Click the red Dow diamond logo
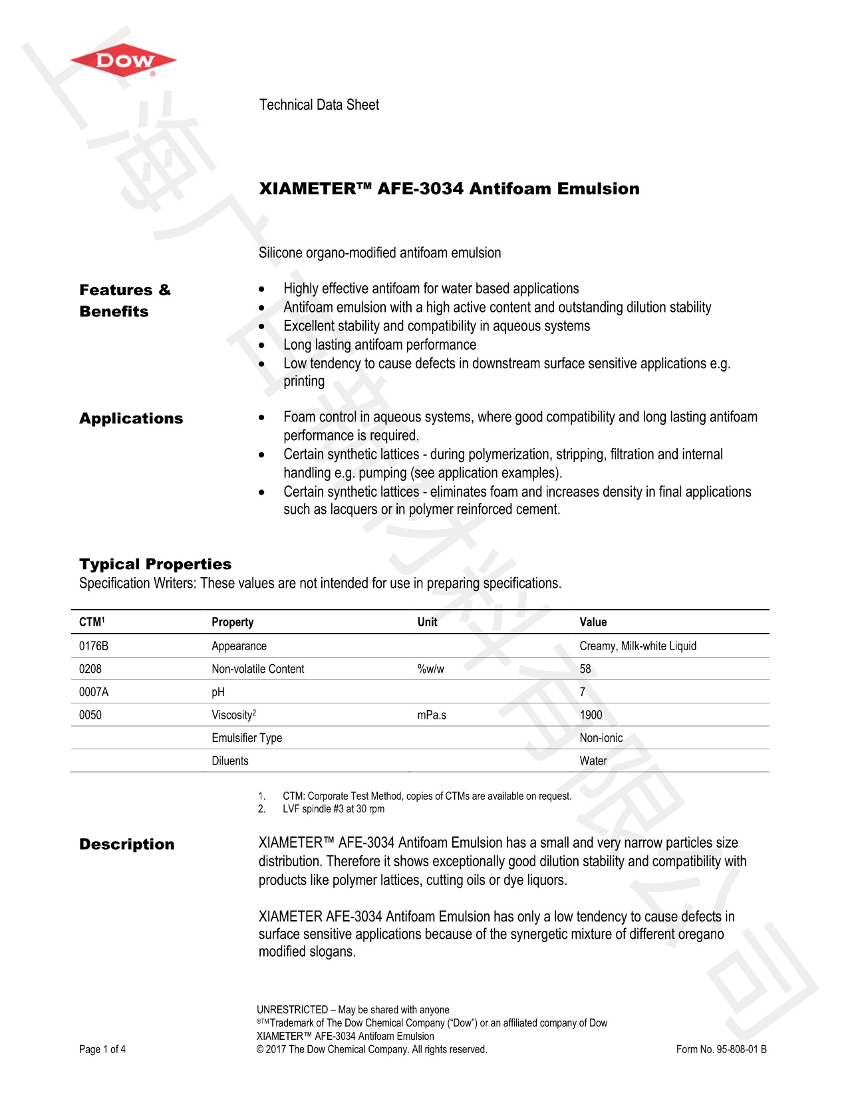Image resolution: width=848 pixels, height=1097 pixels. pos(123,61)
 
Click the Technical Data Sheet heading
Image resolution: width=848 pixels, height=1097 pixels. pos(319,105)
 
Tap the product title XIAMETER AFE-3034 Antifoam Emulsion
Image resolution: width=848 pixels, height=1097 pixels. pos(449,189)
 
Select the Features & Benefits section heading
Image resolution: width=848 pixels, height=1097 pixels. pos(124,301)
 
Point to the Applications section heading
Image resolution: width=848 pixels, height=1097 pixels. pos(131,419)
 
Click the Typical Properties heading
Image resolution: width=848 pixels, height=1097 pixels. pos(155,564)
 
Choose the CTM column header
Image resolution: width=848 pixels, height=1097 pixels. pos(92,622)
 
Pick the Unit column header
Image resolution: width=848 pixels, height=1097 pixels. pos(427,622)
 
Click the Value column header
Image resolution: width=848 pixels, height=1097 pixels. pos(593,622)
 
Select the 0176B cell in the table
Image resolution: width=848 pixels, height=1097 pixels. pos(94,646)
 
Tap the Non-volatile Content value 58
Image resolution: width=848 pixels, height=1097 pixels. pos(585,670)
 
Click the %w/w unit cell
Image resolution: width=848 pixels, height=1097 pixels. pos(431,670)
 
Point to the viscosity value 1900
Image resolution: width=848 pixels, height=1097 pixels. pos(591,715)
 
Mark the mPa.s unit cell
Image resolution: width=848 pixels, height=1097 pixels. pos(432,715)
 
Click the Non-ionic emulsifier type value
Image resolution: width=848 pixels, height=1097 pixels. pos(601,738)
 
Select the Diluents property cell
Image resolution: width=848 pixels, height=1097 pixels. pos(230,761)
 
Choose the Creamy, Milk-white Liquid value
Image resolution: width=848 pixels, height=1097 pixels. pos(638,646)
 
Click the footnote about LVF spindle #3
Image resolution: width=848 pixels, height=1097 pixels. pos(333,809)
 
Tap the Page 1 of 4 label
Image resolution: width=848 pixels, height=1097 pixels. pos(102,1050)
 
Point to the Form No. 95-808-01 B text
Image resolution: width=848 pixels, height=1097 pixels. pos(721,1050)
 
